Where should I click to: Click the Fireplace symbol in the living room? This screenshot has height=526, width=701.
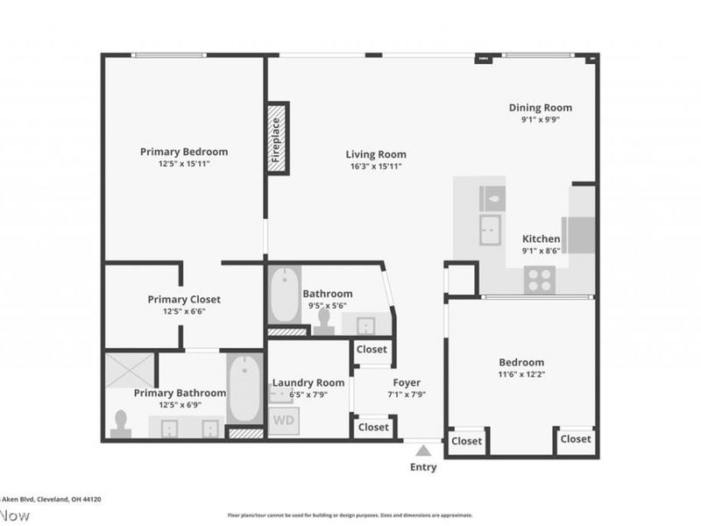coord(277,138)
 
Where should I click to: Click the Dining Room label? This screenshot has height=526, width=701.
coord(541,108)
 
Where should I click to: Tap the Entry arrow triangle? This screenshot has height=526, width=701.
coord(423,451)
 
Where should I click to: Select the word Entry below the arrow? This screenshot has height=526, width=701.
coord(423,467)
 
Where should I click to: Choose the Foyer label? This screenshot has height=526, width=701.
coord(407,382)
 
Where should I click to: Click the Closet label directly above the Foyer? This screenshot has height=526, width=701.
coord(372,349)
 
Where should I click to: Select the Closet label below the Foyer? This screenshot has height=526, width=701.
coord(373,427)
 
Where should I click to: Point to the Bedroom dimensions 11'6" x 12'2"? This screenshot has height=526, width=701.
coord(521,374)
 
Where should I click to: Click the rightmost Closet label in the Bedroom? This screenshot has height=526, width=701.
coord(576,438)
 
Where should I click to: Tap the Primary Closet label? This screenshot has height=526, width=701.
coord(183,299)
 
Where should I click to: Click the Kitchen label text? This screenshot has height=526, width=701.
coord(541,238)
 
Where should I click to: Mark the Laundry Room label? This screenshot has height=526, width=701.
coord(308,382)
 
